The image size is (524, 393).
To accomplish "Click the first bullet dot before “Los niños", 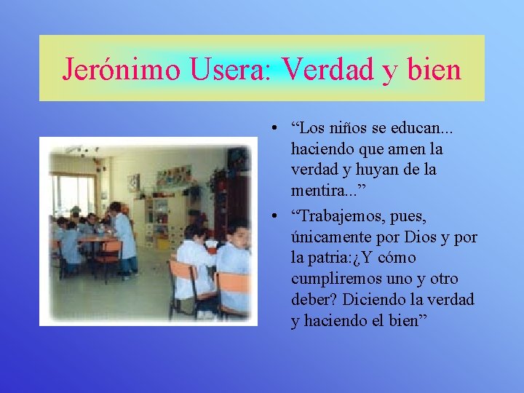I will (x=270, y=129).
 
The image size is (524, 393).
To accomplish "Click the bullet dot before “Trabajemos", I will (x=270, y=217).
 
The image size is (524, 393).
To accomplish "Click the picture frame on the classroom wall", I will (x=133, y=183).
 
